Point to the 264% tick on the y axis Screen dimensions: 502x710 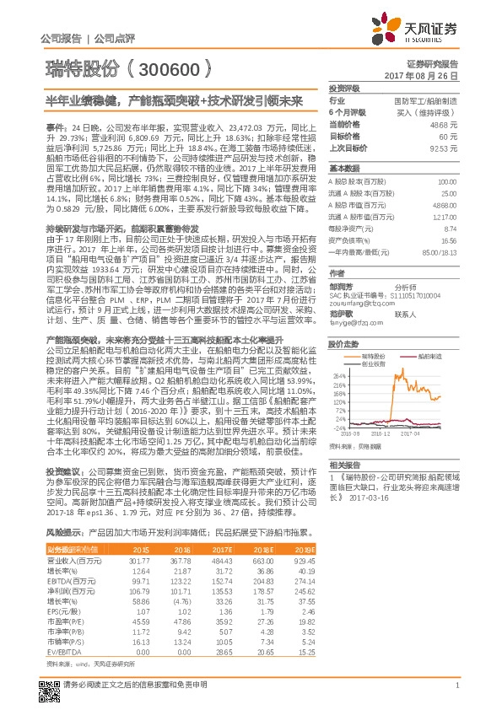click(341, 374)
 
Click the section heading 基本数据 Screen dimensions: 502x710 click(343, 167)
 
